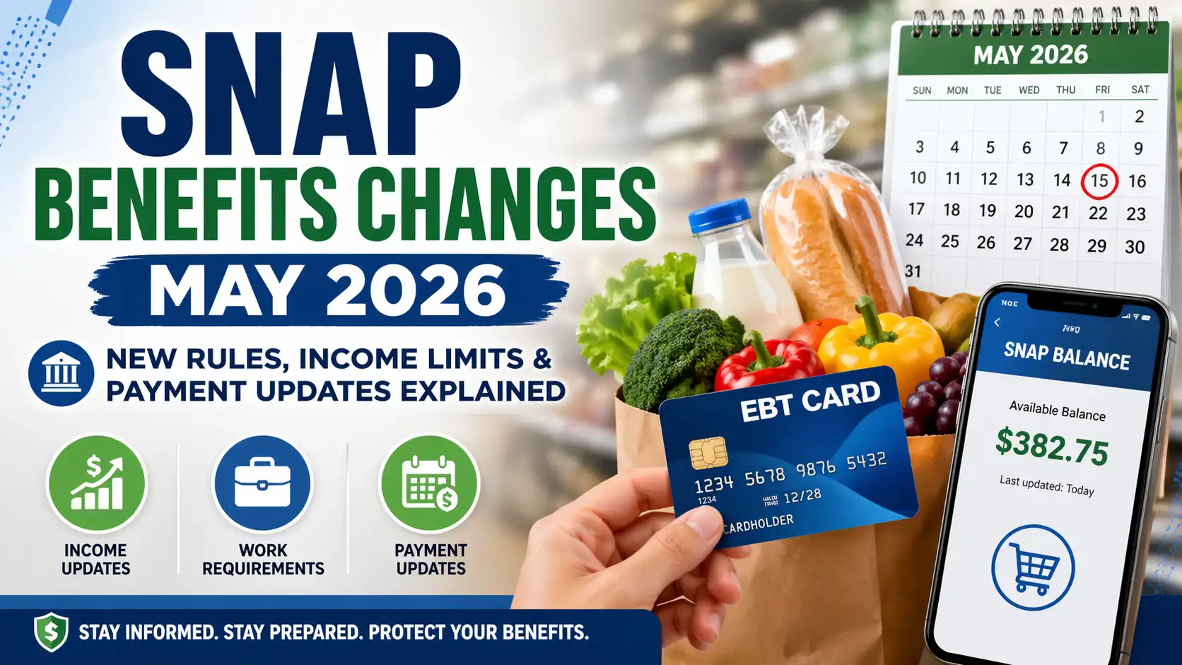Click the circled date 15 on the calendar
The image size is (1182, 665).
(x=1099, y=181)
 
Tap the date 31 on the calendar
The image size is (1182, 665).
(x=913, y=271)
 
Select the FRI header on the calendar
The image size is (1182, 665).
(x=1102, y=90)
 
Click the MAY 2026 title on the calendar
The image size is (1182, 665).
(x=1031, y=55)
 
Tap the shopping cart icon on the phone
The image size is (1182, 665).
(x=1033, y=567)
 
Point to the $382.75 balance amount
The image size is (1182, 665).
(x=1052, y=447)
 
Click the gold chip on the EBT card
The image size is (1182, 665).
(x=708, y=453)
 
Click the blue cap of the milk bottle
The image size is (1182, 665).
(x=720, y=216)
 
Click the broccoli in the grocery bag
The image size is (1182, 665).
(x=679, y=353)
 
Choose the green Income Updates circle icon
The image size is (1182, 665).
(x=96, y=483)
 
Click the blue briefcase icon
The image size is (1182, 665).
(x=262, y=483)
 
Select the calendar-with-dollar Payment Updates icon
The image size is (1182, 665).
(x=430, y=483)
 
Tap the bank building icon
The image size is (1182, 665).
(x=61, y=373)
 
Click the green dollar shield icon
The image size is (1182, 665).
(x=51, y=631)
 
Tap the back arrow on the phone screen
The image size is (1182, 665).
(x=997, y=322)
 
